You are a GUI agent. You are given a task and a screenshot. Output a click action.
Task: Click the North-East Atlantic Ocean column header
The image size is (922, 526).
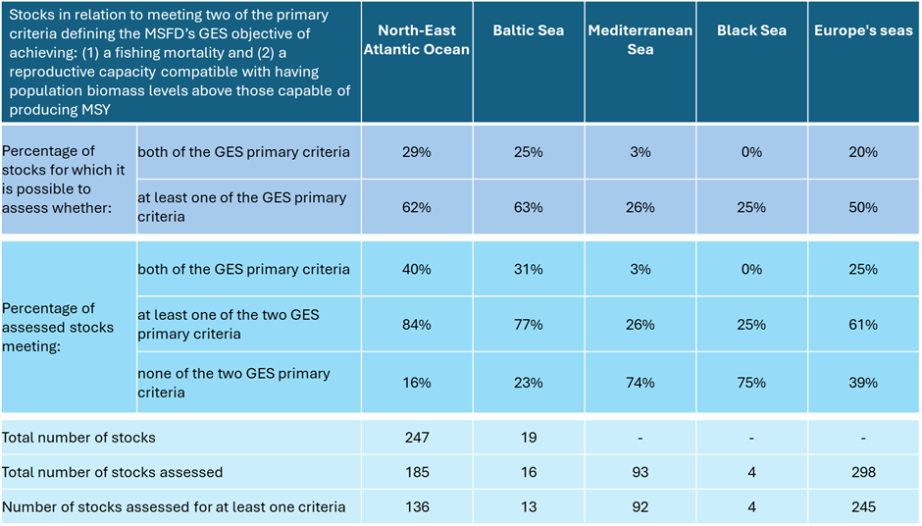[417, 40]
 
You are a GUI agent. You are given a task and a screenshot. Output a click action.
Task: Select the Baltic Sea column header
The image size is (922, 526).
[529, 30]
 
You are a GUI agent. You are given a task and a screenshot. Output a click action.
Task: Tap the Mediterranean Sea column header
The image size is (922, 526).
[640, 40]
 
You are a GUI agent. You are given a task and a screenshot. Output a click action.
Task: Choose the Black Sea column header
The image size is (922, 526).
[751, 30]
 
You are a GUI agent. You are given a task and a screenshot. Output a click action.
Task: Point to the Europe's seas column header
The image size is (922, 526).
[863, 30]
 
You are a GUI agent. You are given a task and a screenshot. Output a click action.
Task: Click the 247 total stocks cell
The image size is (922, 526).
[417, 438]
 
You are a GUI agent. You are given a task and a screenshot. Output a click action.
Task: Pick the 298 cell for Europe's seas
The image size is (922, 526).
[863, 473]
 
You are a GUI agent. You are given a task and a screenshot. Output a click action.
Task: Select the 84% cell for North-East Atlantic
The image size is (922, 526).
[417, 325]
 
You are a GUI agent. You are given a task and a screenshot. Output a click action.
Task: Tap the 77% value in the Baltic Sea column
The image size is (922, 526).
[529, 325]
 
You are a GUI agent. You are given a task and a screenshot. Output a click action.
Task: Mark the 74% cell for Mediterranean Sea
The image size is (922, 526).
[640, 383]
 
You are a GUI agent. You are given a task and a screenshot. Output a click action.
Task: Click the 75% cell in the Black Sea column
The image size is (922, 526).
[751, 383]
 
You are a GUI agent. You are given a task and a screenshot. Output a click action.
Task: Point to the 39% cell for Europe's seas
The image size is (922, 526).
[863, 383]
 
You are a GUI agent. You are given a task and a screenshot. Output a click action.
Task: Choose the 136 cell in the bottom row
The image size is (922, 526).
[417, 507]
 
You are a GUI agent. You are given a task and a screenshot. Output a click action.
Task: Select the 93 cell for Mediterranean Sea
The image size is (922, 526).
[640, 473]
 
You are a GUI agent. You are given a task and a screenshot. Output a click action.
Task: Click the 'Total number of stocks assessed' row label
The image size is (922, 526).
[113, 473]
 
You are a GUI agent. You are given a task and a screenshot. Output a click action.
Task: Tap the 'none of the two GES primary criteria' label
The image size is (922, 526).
[233, 383]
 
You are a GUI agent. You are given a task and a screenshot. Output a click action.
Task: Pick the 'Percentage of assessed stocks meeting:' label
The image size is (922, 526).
[58, 327]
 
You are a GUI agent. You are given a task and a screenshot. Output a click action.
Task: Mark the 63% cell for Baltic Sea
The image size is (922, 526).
[529, 207]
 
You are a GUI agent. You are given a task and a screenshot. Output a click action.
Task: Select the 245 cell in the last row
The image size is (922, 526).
[863, 507]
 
